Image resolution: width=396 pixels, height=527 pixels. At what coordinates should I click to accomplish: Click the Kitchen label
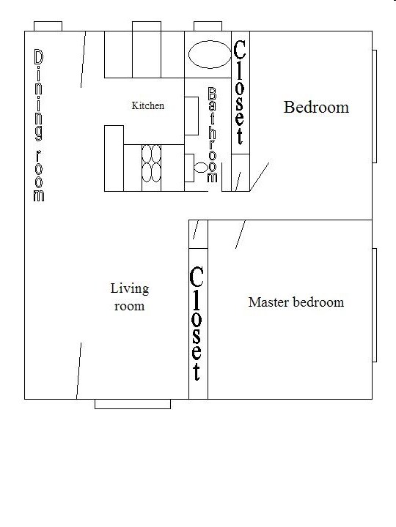pos(147,105)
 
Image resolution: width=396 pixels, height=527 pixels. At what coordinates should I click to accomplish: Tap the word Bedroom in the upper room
pos(316,108)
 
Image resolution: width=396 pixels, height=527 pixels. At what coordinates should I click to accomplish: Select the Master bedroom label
pos(296,302)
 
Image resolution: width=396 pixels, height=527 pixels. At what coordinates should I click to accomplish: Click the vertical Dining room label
pos(38,125)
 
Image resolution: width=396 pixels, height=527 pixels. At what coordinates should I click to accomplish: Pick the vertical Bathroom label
pos(213,135)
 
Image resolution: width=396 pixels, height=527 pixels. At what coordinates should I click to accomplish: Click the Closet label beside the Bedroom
pos(239,92)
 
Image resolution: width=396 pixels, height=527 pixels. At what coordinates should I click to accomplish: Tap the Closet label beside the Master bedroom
pos(197,323)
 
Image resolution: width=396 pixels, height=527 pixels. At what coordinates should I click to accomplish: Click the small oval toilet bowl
pos(201,168)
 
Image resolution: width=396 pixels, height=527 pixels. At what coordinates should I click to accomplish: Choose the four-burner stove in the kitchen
pos(151,163)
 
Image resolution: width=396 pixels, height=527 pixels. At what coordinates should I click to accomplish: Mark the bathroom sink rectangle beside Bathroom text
pos(191,115)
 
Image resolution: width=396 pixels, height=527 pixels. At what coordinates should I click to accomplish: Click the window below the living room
pos(133,403)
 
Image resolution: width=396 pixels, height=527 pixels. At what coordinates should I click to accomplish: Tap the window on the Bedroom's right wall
pos(374,106)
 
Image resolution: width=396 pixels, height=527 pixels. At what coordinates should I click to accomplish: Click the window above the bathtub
pos(208,26)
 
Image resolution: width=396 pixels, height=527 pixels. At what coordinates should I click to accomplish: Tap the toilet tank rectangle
pos(188,167)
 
